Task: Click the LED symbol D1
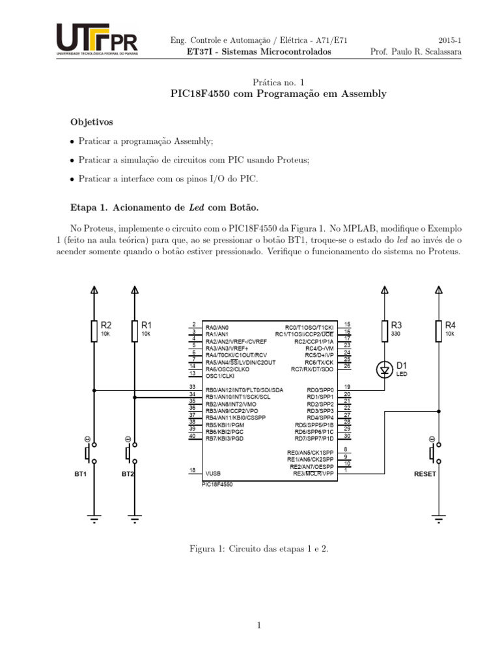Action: click(385, 370)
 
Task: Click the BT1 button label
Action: click(81, 474)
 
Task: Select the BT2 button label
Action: click(128, 474)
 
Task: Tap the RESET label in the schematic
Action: click(425, 474)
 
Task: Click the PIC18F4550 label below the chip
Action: click(217, 485)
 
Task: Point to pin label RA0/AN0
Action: click(217, 327)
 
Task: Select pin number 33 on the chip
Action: click(192, 388)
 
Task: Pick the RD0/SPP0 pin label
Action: click(320, 390)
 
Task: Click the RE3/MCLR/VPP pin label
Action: click(313, 473)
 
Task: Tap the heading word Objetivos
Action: click(92, 122)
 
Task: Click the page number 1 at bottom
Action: click(258, 626)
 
